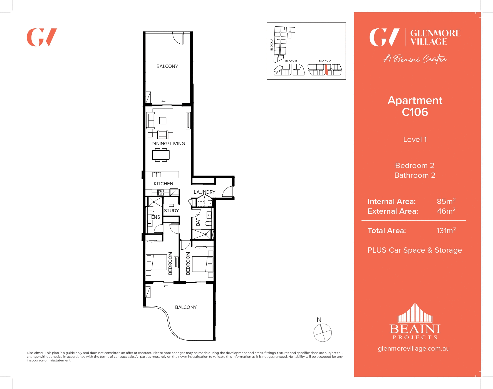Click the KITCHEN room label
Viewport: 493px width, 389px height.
pos(163,184)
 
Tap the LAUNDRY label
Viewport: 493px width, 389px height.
pos(204,192)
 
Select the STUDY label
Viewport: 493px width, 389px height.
pos(171,211)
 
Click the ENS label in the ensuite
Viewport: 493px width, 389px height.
pos(155,217)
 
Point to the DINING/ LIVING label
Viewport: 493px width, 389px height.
pos(168,144)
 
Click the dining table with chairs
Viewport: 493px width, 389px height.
pos(161,155)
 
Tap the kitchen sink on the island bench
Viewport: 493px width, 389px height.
pos(157,174)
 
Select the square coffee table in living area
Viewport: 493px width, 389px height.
pos(163,120)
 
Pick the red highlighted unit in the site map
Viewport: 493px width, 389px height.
pos(326,70)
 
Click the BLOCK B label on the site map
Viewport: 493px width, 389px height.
pos(291,61)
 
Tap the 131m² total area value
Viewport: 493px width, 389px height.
pos(446,231)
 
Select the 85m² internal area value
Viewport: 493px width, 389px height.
pos(446,201)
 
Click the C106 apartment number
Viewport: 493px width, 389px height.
pos(415,112)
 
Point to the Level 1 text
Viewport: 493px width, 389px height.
pos(415,139)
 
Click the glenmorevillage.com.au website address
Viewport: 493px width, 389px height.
pos(413,348)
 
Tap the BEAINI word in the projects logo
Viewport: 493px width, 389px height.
pos(415,329)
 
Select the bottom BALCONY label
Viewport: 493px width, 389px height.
pos(186,307)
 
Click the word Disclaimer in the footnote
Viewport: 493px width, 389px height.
pos(35,353)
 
